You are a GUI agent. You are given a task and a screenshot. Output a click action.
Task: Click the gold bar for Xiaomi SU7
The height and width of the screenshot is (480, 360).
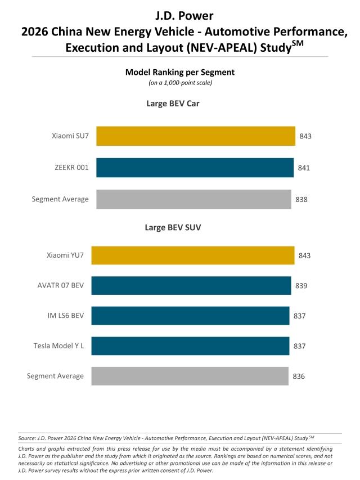point(196,136)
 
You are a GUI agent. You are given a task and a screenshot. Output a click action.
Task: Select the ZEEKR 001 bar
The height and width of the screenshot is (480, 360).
point(195,168)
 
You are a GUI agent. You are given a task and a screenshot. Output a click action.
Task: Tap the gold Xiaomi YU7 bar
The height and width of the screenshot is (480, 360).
point(192,255)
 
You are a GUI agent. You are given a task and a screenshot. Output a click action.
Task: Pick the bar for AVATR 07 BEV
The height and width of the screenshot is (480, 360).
point(191,286)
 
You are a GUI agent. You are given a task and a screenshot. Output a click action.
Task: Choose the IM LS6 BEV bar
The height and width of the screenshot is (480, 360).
point(190,316)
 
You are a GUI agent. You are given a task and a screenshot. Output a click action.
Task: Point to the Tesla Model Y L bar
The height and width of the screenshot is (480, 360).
point(190,346)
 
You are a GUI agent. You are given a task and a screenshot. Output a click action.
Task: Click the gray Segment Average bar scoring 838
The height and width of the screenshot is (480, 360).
point(193,199)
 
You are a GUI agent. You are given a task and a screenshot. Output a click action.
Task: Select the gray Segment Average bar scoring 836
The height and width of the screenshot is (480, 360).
point(190,376)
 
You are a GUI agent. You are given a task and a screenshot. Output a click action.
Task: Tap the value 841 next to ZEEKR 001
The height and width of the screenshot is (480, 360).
point(304,168)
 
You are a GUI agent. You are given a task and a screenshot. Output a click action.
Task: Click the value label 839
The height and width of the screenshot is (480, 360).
point(301,286)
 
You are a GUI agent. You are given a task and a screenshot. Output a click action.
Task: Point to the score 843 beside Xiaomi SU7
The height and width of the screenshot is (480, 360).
point(305,136)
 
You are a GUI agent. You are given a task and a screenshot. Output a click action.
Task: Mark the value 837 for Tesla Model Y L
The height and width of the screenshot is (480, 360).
point(299,346)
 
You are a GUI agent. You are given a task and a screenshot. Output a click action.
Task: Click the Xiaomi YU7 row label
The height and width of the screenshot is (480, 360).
point(65,255)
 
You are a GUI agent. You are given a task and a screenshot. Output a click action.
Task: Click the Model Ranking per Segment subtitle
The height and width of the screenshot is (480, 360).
point(179,72)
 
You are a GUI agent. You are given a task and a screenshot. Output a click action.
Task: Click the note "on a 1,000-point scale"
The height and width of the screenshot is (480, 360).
point(179,83)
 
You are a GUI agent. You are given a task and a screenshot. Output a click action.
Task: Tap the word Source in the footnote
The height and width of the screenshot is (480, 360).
point(26,437)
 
